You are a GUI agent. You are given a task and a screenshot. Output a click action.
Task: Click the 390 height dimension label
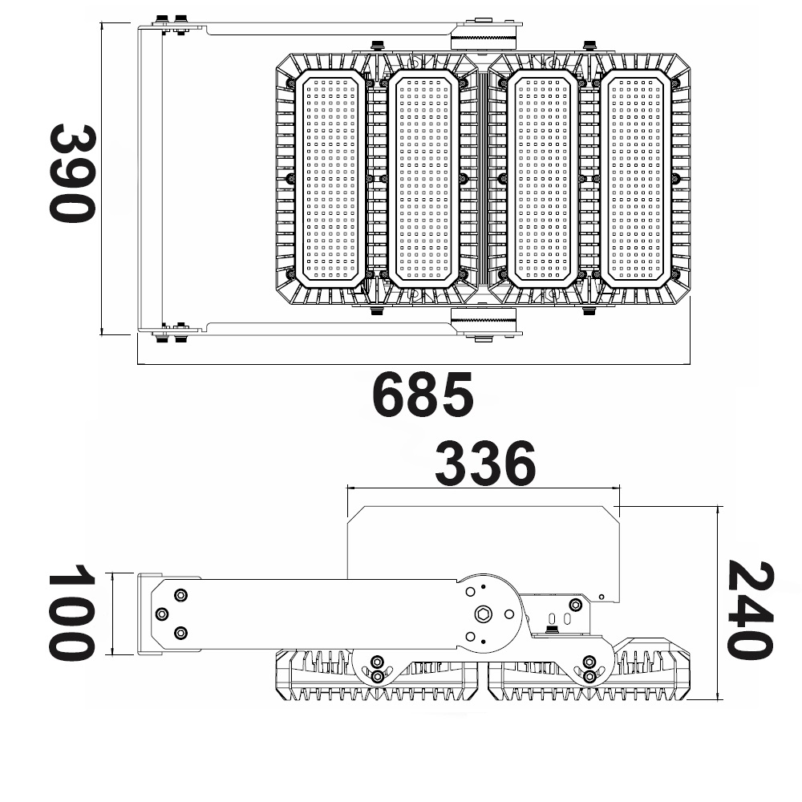click(x=72, y=174)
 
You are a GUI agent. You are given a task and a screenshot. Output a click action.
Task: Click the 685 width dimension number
click(x=423, y=395)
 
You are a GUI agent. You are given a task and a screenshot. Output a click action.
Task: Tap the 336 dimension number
click(x=485, y=464)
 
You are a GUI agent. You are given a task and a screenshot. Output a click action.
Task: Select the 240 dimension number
click(x=750, y=610)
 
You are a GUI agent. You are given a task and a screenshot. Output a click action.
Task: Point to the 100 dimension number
click(x=72, y=612)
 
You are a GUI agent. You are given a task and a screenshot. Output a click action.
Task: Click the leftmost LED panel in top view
click(x=330, y=178)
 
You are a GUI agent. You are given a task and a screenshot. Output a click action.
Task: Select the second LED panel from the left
click(x=423, y=178)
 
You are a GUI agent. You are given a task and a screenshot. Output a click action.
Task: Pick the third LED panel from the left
click(x=543, y=178)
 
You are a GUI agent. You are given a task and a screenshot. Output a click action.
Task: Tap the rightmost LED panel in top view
click(x=636, y=178)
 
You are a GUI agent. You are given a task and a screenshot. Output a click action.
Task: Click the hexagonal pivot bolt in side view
click(x=484, y=614)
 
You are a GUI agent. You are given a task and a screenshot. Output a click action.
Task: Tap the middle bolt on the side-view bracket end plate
click(x=162, y=614)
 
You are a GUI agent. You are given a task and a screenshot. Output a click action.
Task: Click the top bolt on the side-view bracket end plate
click(x=180, y=595)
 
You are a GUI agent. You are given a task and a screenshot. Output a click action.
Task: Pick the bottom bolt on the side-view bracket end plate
click(x=180, y=634)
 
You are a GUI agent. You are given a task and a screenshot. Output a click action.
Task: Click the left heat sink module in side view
click(x=379, y=675)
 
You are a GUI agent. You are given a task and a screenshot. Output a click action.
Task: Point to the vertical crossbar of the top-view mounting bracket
click(x=150, y=179)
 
